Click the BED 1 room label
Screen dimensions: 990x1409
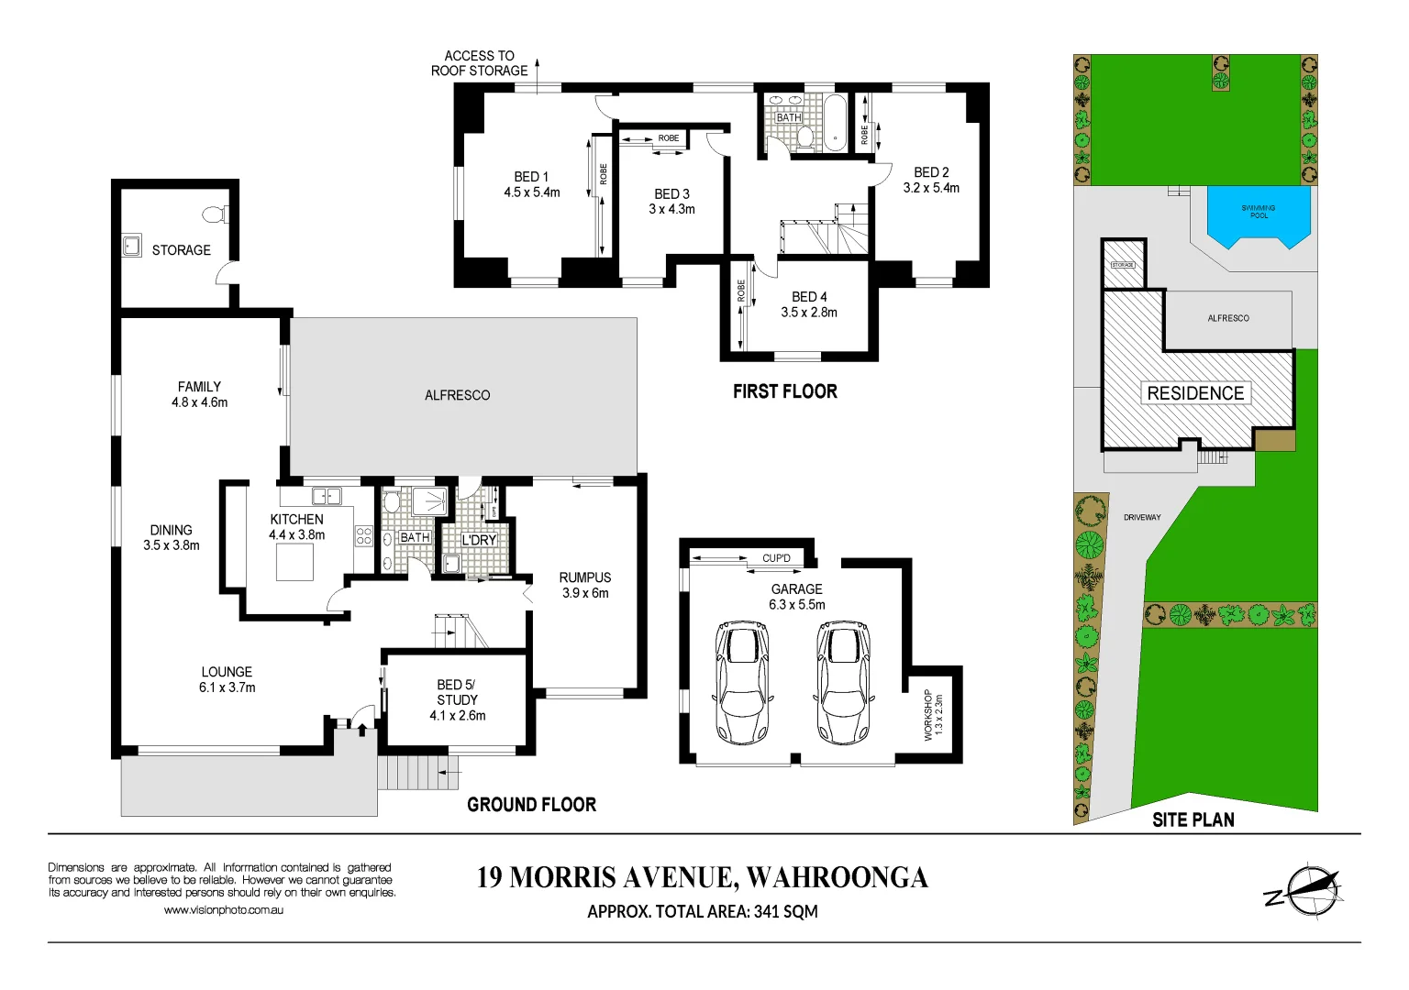pyautogui.click(x=531, y=177)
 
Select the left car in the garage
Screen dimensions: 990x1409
pyautogui.click(x=741, y=682)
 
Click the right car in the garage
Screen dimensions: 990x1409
pyautogui.click(x=843, y=682)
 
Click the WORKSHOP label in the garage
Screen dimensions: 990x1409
pyautogui.click(x=927, y=715)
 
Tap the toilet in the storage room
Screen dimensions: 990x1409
pyautogui.click(x=215, y=215)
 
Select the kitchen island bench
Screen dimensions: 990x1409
pyautogui.click(x=295, y=562)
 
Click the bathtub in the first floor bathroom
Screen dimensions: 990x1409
pyautogui.click(x=835, y=123)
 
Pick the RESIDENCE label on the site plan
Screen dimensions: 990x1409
pyautogui.click(x=1195, y=393)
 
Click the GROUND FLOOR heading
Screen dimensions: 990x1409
pyautogui.click(x=531, y=805)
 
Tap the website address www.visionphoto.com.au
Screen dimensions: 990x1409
pyautogui.click(x=224, y=910)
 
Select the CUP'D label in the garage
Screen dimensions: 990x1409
pyautogui.click(x=776, y=558)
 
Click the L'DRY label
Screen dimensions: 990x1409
pyautogui.click(x=479, y=540)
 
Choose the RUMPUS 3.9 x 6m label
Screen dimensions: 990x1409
pyautogui.click(x=585, y=585)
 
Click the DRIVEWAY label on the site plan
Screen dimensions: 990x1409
pyautogui.click(x=1142, y=517)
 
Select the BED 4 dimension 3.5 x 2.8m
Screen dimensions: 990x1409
pyautogui.click(x=809, y=313)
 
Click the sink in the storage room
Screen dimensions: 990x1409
pyautogui.click(x=132, y=246)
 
